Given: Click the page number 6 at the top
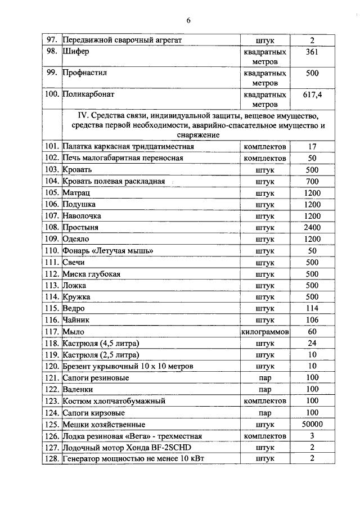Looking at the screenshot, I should (x=188, y=21).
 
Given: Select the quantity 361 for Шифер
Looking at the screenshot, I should (x=312, y=52).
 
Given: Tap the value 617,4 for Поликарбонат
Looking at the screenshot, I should (x=312, y=94).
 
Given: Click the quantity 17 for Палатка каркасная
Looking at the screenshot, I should (x=312, y=146).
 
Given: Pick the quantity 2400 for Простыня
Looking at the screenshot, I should (x=312, y=227).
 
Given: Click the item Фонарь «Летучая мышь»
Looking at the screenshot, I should (x=107, y=250).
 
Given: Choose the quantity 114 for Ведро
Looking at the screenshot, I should (x=312, y=308).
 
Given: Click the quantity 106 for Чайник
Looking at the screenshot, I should (x=312, y=320).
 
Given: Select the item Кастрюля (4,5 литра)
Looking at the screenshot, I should (x=101, y=343).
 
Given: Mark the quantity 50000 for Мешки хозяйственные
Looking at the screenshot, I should (x=312, y=424).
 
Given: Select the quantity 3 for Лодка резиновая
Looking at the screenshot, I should (x=312, y=436).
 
